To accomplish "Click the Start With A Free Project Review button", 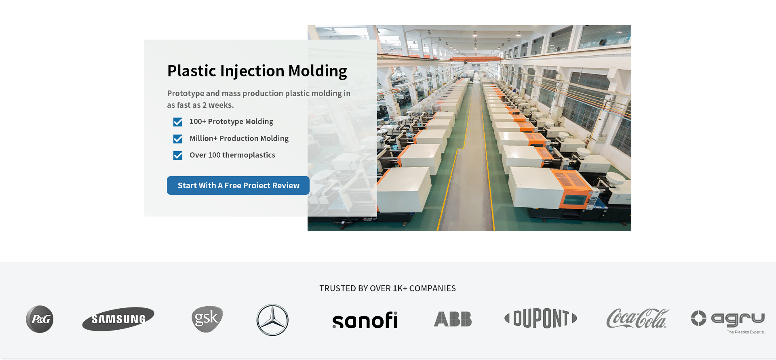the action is point(238,185).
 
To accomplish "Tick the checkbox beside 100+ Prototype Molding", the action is point(178,122).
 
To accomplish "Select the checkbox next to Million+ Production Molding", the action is point(178,139).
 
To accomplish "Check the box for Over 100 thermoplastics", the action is point(178,156).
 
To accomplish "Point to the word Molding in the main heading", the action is point(318,71).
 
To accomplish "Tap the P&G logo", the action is point(40,319).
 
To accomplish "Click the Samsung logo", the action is point(118,319).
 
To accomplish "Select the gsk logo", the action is point(207,319).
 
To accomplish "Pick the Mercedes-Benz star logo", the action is point(272,320).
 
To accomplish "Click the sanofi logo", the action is point(365,320).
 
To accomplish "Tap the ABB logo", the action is point(453,319).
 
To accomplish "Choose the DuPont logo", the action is point(541,318).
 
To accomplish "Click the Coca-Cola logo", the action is point(638,318).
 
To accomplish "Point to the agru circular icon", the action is point(698,318).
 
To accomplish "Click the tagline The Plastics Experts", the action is point(746,332).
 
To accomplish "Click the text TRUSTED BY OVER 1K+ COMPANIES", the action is point(388,288).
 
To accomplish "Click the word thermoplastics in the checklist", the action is point(249,155).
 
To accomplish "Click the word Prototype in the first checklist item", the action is point(226,122).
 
